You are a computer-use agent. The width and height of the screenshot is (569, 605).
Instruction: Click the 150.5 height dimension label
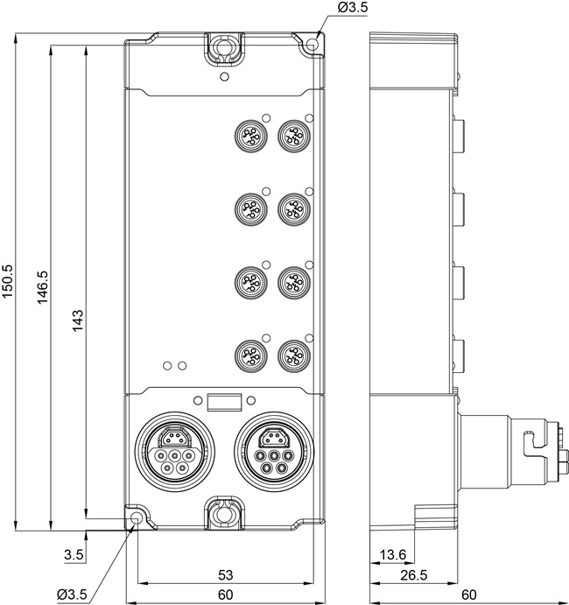[8, 281]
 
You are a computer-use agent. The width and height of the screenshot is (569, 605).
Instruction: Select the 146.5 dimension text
[42, 287]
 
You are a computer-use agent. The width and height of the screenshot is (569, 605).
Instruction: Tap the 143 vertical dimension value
[78, 320]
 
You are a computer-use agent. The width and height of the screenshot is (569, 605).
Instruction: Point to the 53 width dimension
[226, 575]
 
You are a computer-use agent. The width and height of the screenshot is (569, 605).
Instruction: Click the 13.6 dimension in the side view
[393, 555]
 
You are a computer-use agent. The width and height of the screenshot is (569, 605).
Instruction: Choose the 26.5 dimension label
[414, 575]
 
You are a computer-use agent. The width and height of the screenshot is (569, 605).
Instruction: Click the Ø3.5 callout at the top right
[353, 8]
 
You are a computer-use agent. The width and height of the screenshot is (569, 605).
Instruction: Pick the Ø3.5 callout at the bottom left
[72, 594]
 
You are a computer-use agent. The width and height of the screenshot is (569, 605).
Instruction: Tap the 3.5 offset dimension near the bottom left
[74, 555]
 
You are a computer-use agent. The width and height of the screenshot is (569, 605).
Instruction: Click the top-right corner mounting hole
[312, 46]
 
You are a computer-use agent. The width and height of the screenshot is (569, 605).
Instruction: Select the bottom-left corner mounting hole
[136, 517]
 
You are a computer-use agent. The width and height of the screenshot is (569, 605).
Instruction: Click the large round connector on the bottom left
[175, 452]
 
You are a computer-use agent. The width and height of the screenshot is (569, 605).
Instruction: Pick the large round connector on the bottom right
[274, 452]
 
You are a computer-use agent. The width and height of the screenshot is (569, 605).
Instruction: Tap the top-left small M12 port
[251, 136]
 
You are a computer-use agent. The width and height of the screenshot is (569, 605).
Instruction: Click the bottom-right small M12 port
[294, 355]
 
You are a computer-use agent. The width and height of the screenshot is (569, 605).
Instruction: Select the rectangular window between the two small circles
[224, 402]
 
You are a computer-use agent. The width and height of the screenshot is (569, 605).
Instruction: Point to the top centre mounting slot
[224, 49]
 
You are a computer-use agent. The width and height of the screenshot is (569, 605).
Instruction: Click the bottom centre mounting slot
[224, 513]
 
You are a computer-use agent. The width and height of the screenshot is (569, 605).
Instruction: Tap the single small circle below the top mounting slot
[224, 76]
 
